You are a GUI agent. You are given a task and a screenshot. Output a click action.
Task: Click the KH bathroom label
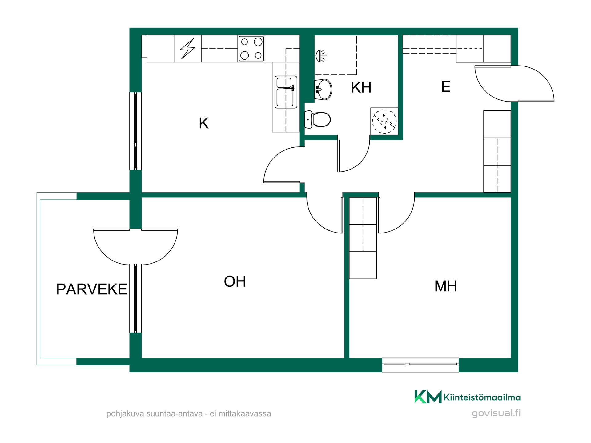pos(361,87)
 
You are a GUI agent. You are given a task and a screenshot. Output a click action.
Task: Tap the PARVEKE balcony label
pos(91,289)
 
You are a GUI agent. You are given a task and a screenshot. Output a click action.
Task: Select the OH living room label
pos(235,281)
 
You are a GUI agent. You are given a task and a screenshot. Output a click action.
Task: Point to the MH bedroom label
pos(445,286)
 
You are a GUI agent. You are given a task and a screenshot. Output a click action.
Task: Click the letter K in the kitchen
pos(204,123)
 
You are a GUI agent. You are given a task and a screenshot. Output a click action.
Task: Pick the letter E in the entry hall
pos(446,87)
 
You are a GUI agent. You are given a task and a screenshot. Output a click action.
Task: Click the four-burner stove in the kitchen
pos(251,49)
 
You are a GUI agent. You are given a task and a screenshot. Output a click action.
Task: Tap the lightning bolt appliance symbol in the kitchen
pos(188,48)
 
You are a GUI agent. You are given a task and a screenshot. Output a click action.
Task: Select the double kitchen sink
pos(286,92)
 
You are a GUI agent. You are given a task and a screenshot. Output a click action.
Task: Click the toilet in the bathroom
pos(317,119)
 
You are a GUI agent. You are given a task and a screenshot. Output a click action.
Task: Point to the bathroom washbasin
pos(323,90)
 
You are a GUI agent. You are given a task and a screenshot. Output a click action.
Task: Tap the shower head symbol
pos(321,56)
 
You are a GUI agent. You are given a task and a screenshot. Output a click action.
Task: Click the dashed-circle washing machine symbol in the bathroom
pos(384,121)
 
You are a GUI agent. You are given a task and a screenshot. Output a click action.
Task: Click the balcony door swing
pos(135,246)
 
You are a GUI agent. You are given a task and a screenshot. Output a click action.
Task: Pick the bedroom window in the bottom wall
pos(420,365)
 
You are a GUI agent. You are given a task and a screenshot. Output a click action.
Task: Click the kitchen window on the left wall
pos(135,131)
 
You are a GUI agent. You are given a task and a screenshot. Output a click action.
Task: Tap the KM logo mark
pos(428,397)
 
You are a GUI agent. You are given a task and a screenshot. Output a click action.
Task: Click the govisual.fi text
pos(496,413)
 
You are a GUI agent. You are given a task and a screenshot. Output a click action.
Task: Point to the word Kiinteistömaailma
pos(482,397)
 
